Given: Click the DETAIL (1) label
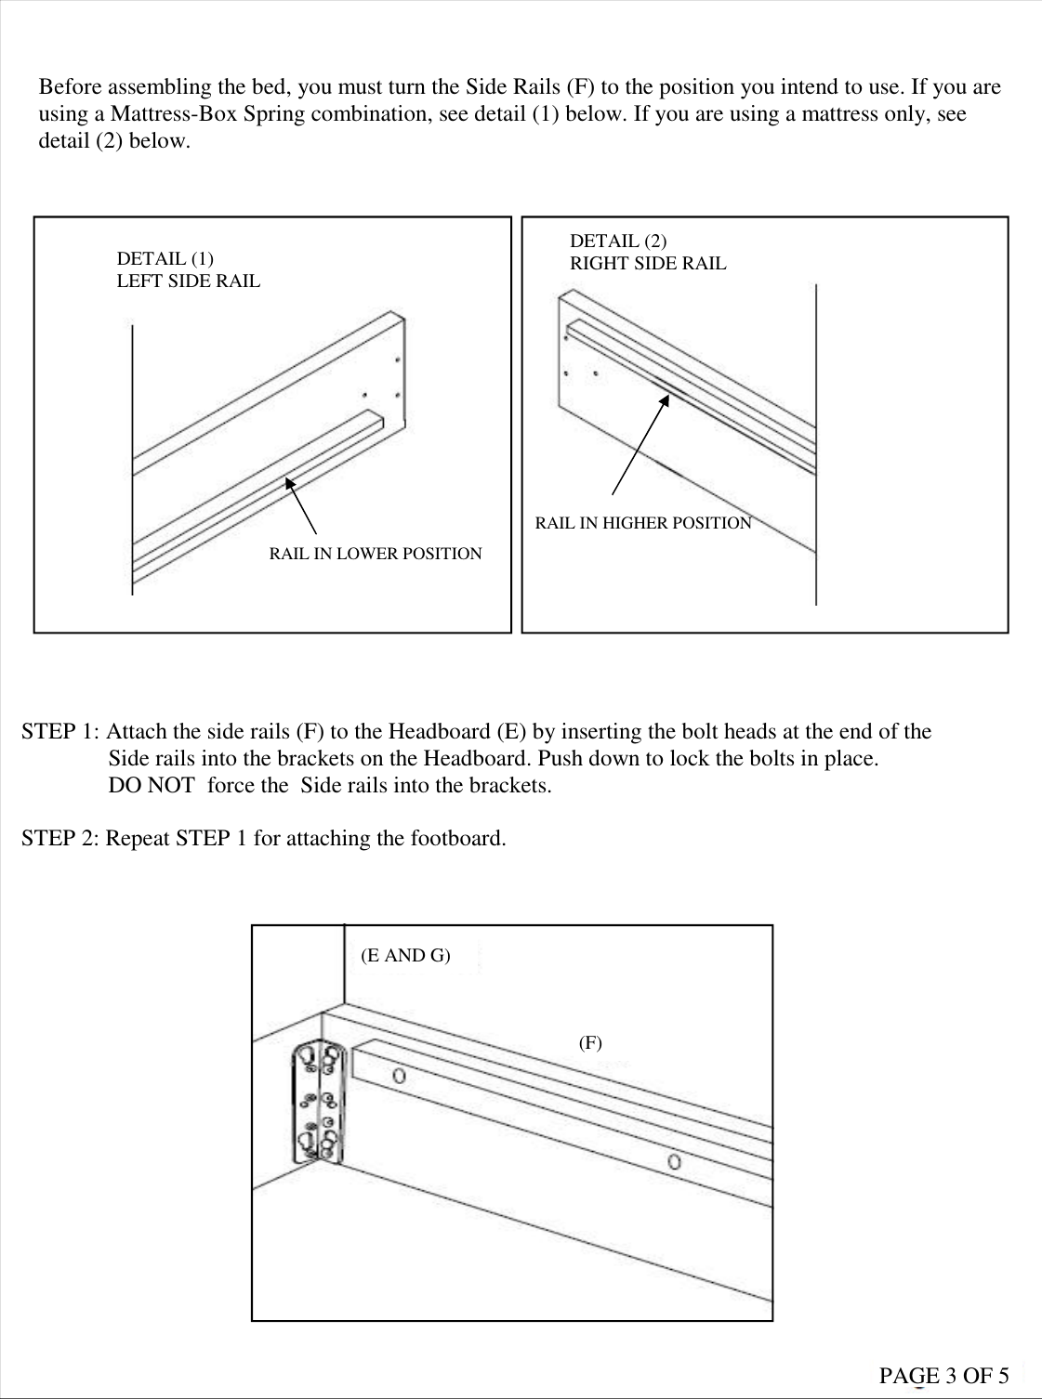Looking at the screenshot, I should [x=165, y=258].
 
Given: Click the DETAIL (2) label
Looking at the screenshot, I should [x=618, y=241].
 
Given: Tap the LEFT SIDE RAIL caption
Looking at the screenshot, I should [x=189, y=281].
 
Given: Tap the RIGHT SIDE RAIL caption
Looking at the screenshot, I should [x=648, y=263].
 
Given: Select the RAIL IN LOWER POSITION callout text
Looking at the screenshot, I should [x=376, y=554].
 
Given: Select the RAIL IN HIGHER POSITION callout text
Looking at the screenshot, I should [x=643, y=523].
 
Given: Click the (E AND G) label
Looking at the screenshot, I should [x=405, y=955].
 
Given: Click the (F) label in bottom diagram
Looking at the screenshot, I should [x=590, y=1042].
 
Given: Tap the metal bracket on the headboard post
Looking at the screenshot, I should [x=318, y=1102].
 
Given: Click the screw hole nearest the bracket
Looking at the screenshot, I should [x=400, y=1076].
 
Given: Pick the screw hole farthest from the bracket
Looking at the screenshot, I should [x=675, y=1161].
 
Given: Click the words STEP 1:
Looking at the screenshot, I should [x=61, y=732].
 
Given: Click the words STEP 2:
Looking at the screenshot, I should [x=61, y=838].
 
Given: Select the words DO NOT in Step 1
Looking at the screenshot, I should [x=152, y=785].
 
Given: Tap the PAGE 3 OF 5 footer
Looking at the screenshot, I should [x=943, y=1376].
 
